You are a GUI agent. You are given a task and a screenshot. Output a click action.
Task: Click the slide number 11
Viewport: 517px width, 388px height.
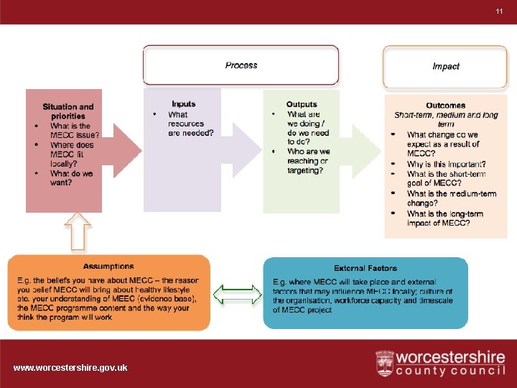click(499, 11)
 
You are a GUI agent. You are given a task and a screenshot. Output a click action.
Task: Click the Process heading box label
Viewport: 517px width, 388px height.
click(241, 65)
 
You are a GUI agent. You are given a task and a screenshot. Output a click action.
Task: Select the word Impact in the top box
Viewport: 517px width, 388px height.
click(445, 66)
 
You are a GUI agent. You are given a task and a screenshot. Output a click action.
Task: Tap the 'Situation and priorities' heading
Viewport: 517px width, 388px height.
click(68, 111)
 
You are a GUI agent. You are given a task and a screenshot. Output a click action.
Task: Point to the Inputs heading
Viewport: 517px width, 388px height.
click(184, 104)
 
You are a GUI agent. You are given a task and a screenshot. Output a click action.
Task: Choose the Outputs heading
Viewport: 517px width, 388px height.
click(302, 105)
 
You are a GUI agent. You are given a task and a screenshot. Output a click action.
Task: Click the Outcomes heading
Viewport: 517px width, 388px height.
click(445, 106)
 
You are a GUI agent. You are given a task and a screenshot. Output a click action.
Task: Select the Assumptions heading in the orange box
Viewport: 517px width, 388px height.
click(108, 266)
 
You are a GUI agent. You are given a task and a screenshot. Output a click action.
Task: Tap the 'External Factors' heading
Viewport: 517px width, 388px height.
click(365, 268)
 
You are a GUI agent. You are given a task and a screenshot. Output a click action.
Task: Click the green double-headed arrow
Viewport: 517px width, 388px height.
click(238, 293)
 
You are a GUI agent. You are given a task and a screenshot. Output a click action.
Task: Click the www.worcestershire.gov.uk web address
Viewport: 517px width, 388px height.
click(70, 368)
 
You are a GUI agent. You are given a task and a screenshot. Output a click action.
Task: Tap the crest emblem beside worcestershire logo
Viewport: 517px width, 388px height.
click(385, 364)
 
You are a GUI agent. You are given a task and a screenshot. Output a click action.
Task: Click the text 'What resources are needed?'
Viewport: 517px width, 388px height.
click(190, 124)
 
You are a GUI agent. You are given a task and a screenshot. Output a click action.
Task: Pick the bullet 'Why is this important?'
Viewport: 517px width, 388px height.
click(443, 165)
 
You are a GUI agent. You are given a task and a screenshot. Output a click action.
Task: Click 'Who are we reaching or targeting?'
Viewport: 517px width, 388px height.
click(308, 161)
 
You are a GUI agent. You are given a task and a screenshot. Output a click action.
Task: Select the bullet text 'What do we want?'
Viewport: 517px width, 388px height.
click(71, 177)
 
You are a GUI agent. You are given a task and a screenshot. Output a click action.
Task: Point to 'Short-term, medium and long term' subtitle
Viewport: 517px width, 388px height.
click(446, 119)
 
